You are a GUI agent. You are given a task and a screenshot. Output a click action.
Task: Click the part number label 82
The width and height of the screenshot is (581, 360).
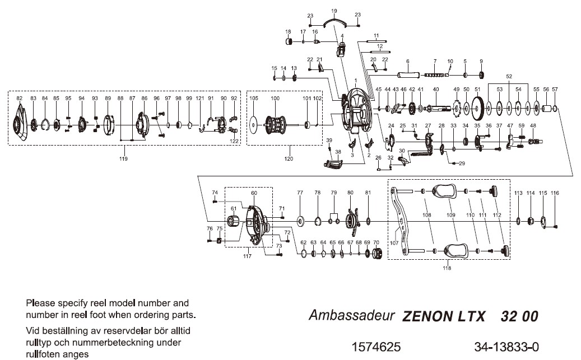tap(20, 98)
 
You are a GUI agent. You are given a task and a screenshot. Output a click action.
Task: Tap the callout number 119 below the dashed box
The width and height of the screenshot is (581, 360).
tap(123, 159)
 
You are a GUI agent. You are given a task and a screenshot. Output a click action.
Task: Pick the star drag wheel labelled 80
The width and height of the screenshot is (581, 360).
tap(351, 222)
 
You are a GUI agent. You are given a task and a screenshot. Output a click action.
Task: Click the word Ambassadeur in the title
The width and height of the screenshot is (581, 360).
tap(352, 315)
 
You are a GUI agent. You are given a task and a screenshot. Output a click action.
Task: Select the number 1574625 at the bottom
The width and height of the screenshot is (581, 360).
tap(375, 347)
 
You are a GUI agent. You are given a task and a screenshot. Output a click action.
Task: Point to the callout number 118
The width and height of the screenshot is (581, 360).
tap(447, 268)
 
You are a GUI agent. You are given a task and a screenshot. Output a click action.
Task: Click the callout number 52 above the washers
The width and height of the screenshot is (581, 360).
tap(509, 76)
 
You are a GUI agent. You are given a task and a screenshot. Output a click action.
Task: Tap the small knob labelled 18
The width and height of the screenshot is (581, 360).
tap(290, 41)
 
